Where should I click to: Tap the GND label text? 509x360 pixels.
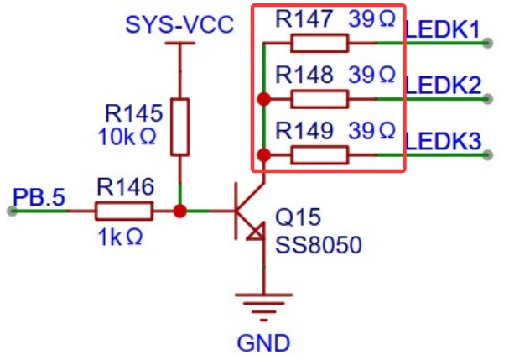(x=262, y=342)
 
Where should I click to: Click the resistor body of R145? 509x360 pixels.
(x=179, y=126)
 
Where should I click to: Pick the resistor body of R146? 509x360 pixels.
(x=123, y=211)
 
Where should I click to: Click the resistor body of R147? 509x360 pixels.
(x=319, y=43)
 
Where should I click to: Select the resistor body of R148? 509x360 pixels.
(x=319, y=99)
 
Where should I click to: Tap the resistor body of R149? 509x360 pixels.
(x=319, y=155)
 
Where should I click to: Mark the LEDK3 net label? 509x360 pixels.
(x=443, y=140)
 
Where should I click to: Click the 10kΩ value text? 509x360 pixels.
(x=127, y=137)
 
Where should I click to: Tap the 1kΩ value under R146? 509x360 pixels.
(x=119, y=237)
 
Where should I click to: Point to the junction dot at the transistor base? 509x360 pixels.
(x=179, y=211)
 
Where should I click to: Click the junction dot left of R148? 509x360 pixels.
(x=263, y=99)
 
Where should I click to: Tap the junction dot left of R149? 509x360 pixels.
(x=263, y=155)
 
